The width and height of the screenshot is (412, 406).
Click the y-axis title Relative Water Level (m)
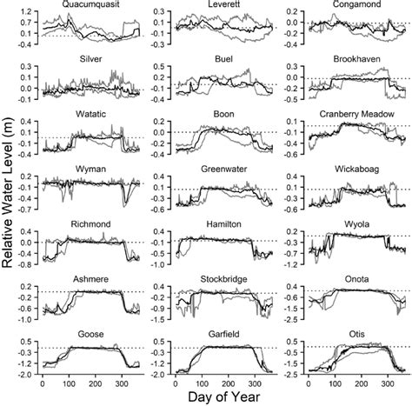click(9, 202)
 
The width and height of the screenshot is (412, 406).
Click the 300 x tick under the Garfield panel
click(254, 383)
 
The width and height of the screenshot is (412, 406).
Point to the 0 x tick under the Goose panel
click(42, 383)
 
